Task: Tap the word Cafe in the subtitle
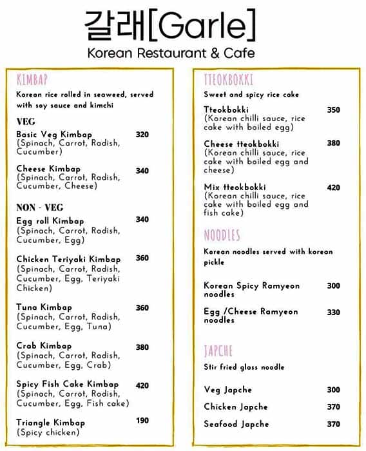[x=238, y=53]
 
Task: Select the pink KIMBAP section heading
[x=32, y=80]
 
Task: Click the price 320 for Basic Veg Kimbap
[x=142, y=135]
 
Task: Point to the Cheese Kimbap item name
[x=48, y=169]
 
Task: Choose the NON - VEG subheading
[x=40, y=207]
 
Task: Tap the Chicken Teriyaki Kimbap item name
[x=68, y=260]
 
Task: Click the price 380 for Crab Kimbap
[x=142, y=347]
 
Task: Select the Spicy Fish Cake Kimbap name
[x=68, y=384]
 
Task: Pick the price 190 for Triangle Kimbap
[x=142, y=421]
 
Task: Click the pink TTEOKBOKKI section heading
[x=228, y=80]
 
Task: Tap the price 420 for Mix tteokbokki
[x=333, y=187]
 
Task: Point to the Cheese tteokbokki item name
[x=242, y=144]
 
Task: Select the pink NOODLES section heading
[x=222, y=235]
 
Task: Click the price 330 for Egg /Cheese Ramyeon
[x=333, y=312]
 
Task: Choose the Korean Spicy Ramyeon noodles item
[x=251, y=289]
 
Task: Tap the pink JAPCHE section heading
[x=218, y=351]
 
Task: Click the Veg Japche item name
[x=227, y=390]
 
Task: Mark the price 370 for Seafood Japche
[x=333, y=424]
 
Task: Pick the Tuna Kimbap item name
[x=44, y=307]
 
